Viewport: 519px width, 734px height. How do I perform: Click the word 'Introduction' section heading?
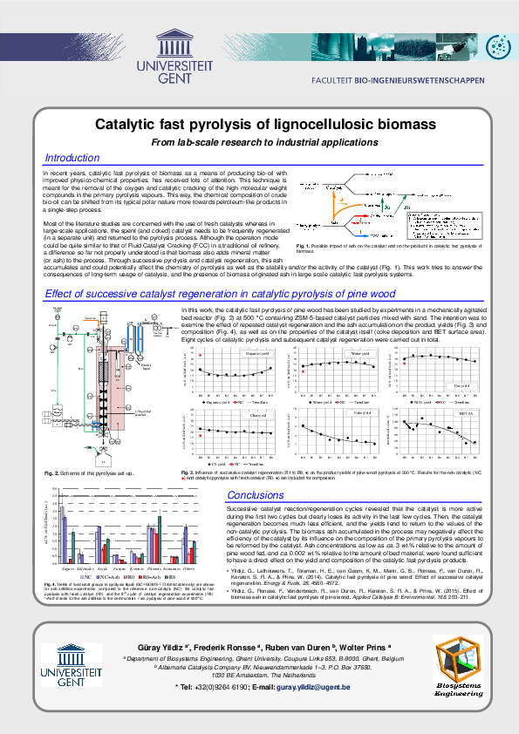72,158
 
